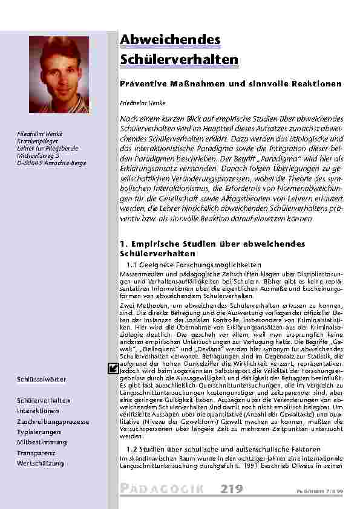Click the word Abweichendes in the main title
click(x=170, y=40)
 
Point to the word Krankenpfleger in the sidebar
click(x=36, y=140)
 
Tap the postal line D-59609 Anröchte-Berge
click(x=51, y=163)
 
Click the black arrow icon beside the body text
click(x=113, y=352)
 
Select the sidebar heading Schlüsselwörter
click(x=42, y=379)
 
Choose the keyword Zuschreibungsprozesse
click(x=53, y=421)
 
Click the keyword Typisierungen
click(x=39, y=432)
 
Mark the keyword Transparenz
click(x=36, y=453)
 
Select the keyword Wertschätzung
click(x=41, y=463)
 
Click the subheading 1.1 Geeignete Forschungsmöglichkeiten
click(x=194, y=265)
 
